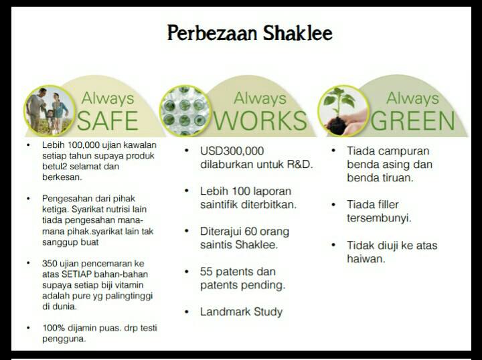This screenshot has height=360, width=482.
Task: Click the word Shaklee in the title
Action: pos(297,33)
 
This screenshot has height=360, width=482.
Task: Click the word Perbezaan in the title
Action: pos(212,33)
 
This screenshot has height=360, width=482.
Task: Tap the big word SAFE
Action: pos(108,120)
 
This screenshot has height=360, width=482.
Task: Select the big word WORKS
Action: pos(260,120)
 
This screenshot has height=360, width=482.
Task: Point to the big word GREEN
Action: pos(412,120)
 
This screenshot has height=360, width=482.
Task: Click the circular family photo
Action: pos(50,110)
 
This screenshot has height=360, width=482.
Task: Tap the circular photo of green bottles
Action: pos(185,110)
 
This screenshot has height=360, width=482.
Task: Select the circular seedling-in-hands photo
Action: pos(343,110)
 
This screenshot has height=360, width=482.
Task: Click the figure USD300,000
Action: pos(232,151)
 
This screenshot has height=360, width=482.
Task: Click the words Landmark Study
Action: pos(241,312)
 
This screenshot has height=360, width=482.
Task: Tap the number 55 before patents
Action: pos(206,272)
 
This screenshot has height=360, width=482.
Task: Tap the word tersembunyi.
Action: pos(379,218)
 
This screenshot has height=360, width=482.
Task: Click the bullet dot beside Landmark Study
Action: pos(187,312)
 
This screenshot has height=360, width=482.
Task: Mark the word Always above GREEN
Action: pos(412,98)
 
